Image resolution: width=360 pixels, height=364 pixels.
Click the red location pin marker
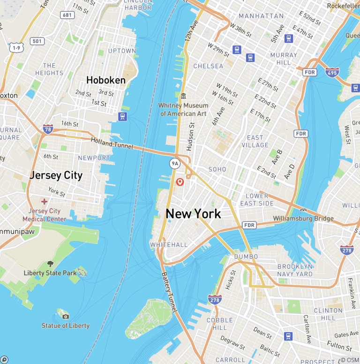(180, 182)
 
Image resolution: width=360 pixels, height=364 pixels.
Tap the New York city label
(193, 214)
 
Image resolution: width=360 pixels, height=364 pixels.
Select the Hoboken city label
(106, 80)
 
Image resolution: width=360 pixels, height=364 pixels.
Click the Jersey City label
(56, 175)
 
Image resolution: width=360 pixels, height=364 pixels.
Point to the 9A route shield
(175, 163)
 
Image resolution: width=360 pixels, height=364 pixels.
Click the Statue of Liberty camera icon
(66, 317)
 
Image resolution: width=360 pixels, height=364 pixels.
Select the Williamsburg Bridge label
(303, 218)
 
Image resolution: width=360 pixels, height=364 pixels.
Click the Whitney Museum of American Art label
(183, 110)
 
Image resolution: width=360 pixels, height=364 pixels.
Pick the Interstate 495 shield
(332, 72)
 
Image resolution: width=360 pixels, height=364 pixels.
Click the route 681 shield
(67, 15)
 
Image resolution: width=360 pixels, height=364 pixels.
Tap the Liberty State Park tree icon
(50, 264)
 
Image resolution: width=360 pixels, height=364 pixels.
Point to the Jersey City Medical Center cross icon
(44, 201)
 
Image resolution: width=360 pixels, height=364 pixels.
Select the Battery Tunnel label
(169, 293)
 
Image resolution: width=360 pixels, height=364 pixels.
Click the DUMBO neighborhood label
(246, 257)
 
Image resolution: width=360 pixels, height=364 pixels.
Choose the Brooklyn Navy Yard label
(294, 270)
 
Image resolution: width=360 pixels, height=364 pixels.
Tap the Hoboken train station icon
(123, 116)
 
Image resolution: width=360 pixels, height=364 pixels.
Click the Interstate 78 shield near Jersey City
(47, 129)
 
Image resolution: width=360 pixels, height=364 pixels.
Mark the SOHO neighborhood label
(217, 169)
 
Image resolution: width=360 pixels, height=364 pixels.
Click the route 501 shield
(37, 41)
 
